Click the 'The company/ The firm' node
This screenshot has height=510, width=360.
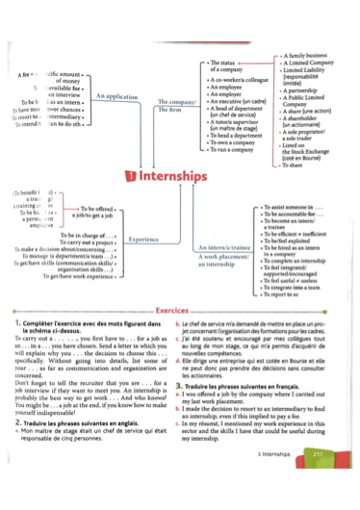(175, 105)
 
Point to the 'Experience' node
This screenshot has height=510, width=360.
(143, 239)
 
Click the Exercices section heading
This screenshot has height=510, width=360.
(180, 311)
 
